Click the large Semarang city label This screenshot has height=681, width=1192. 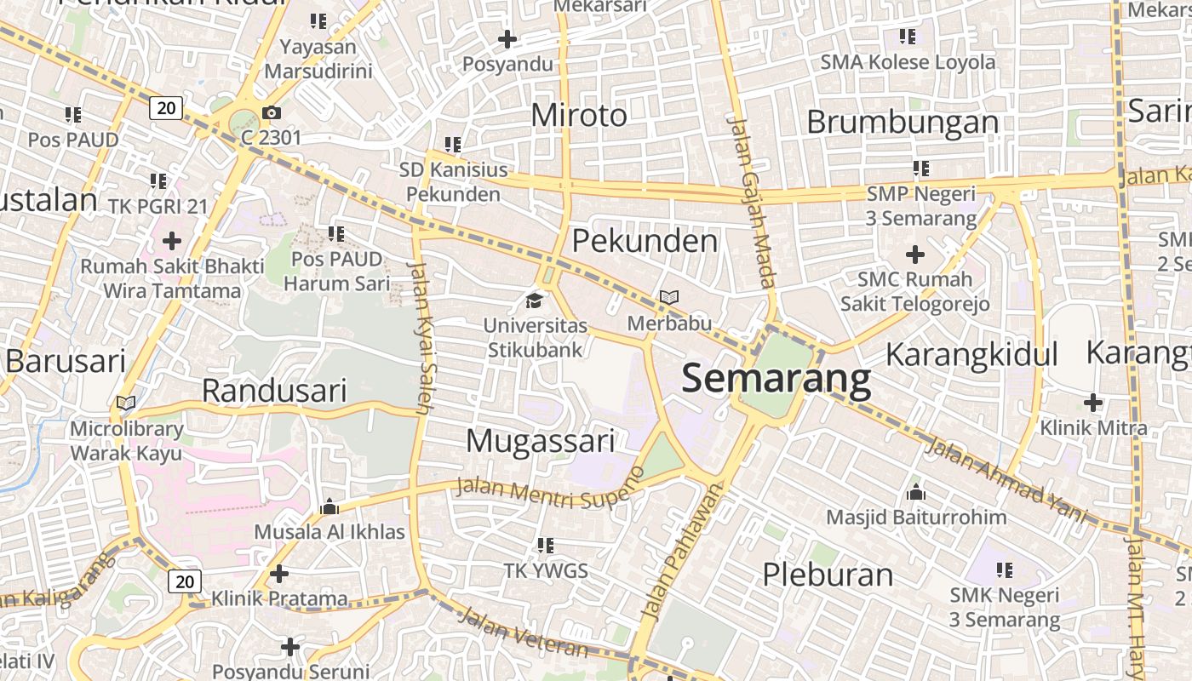pyautogui.click(x=777, y=379)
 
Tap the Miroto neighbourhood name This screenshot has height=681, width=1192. pyautogui.click(x=579, y=115)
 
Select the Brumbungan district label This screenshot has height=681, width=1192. pyautogui.click(x=903, y=122)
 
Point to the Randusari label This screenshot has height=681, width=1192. pyautogui.click(x=274, y=391)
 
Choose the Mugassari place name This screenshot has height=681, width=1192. pyautogui.click(x=541, y=441)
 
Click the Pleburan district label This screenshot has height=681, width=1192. pyautogui.click(x=828, y=575)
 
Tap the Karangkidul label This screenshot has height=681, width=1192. pyautogui.click(x=971, y=354)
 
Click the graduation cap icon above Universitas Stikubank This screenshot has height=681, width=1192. pyautogui.click(x=534, y=300)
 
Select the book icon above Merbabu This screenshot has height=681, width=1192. pyautogui.click(x=669, y=298)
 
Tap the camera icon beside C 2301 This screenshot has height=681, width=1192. pyautogui.click(x=271, y=112)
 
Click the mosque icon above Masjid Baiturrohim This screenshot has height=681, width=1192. pyautogui.click(x=916, y=492)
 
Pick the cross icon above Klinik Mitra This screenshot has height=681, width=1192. pyautogui.click(x=1093, y=403)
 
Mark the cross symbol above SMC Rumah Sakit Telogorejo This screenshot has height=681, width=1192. pyautogui.click(x=915, y=254)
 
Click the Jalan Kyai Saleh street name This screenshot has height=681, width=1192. pyautogui.click(x=421, y=337)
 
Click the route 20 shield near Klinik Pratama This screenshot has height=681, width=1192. pyautogui.click(x=185, y=581)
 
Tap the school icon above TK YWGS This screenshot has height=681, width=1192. pyautogui.click(x=546, y=545)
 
